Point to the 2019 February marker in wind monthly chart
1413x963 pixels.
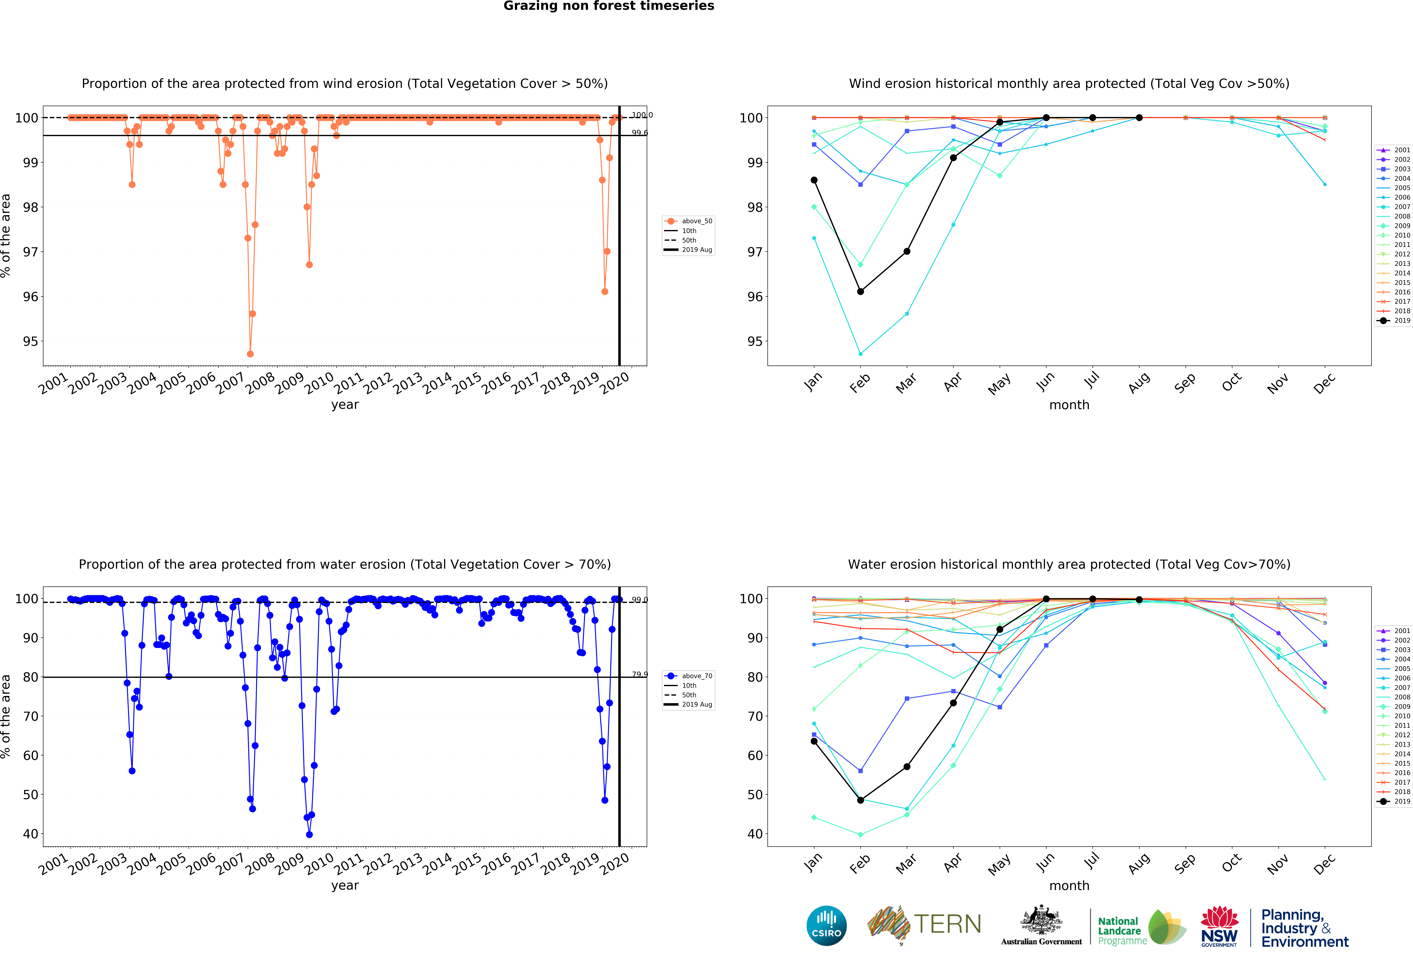[860, 292]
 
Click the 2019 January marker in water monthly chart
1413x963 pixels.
[814, 741]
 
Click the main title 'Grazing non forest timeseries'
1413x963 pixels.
[609, 6]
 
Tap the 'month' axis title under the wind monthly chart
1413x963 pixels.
[1069, 405]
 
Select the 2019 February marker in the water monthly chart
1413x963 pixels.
[860, 800]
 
